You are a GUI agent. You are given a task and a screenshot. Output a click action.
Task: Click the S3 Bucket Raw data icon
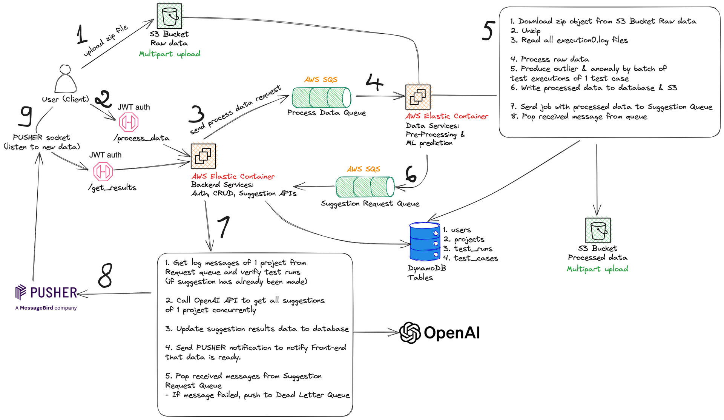[169, 16]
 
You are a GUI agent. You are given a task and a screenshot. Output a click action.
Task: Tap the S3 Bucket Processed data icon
[598, 230]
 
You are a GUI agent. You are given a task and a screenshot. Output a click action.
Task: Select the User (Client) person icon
[65, 79]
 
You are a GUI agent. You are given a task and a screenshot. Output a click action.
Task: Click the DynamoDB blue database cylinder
[425, 242]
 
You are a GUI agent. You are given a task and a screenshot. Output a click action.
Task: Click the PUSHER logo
[46, 293]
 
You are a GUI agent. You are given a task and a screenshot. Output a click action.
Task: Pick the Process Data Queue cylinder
[321, 97]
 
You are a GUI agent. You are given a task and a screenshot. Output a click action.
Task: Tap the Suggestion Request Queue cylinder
[365, 187]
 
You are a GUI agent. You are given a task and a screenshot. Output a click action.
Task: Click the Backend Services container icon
[203, 156]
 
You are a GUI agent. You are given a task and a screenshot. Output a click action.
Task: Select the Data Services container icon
[418, 97]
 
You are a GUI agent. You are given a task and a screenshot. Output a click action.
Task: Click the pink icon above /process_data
[129, 122]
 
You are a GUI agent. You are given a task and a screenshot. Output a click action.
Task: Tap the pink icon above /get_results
[103, 171]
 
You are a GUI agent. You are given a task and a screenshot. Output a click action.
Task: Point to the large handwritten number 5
[488, 31]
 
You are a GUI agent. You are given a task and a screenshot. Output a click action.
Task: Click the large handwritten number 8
[105, 275]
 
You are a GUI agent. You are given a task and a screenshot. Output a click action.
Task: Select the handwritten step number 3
[196, 114]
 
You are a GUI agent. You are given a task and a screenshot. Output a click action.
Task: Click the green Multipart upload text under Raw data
[169, 54]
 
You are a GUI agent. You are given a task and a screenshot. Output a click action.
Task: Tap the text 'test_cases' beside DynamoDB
[476, 258]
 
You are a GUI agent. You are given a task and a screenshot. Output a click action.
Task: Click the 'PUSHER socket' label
[41, 137]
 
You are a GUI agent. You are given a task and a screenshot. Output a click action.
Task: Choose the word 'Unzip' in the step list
[531, 31]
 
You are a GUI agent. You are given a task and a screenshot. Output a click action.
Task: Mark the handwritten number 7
[223, 227]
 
